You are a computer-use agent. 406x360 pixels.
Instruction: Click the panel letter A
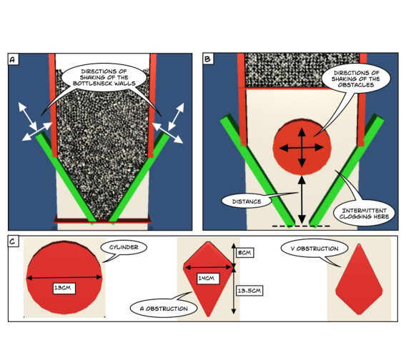12,60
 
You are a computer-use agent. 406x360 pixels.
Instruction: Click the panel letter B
207,59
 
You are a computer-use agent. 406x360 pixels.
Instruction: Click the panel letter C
12,241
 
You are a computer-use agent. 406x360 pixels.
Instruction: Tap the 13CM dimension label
64,288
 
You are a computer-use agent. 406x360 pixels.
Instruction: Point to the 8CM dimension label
244,252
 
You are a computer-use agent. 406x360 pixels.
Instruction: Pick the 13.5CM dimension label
249,291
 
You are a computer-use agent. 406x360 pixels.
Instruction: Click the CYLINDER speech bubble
124,248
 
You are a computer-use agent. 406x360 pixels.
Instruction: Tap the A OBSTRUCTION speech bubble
164,309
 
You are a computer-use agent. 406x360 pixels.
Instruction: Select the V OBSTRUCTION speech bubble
315,249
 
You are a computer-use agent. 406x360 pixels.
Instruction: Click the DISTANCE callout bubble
247,201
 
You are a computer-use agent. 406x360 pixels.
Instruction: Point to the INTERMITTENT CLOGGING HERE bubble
365,213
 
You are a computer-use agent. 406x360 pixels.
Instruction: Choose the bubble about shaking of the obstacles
356,79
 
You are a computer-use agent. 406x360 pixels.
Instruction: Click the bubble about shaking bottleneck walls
104,77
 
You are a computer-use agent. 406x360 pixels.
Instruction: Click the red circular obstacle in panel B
302,146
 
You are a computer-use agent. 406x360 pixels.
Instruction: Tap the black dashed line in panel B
301,226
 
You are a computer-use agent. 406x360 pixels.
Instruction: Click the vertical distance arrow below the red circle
302,199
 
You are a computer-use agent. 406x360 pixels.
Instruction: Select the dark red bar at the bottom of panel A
102,221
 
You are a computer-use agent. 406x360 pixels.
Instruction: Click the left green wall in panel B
257,170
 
